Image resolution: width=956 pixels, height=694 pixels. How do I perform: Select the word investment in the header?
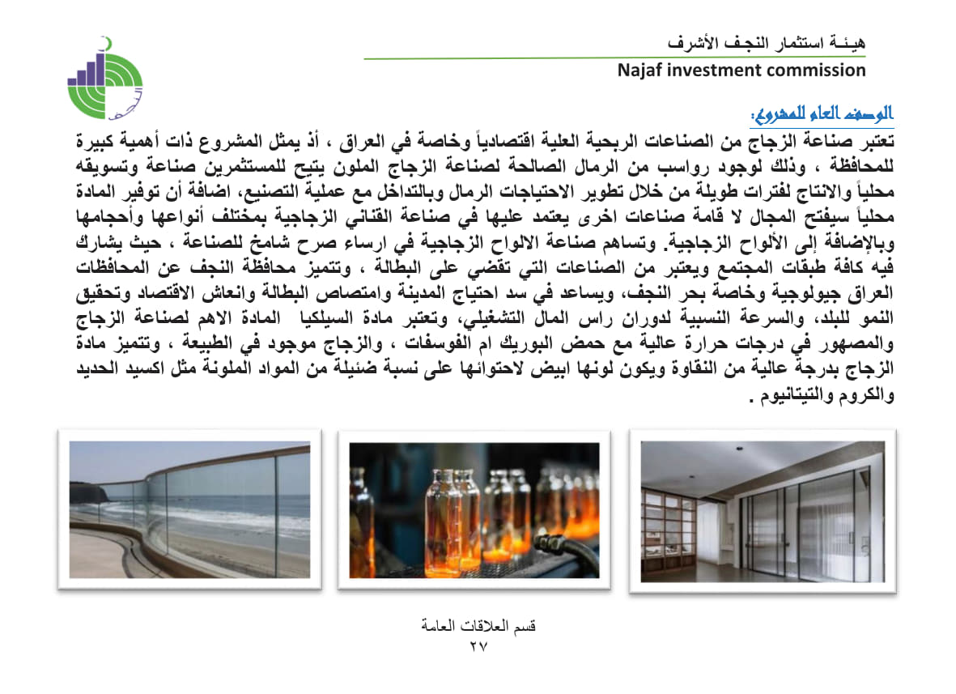[712, 70]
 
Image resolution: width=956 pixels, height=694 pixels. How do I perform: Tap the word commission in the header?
[815, 70]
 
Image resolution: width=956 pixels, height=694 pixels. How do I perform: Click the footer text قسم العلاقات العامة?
[479, 627]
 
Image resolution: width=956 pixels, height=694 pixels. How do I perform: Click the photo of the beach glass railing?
[189, 509]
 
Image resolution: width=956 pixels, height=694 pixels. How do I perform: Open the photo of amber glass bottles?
[474, 509]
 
